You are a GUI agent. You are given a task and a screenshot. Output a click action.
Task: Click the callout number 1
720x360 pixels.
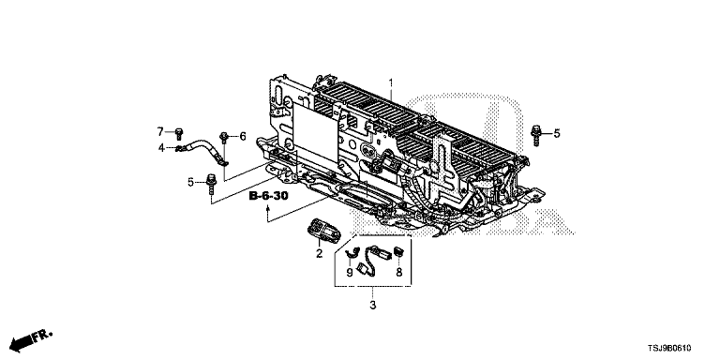pos(391,83)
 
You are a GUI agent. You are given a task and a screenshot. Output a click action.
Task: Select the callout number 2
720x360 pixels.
pos(319,253)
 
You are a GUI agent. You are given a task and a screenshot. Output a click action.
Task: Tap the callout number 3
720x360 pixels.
pos(373,305)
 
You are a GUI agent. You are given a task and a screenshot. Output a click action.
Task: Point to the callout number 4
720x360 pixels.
pos(161,148)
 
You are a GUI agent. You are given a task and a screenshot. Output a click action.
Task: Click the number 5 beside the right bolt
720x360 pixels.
pos(557,134)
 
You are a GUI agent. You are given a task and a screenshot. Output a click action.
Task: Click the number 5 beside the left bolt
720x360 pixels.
pos(190,182)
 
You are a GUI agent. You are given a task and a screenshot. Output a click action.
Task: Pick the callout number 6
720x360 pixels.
pos(243,136)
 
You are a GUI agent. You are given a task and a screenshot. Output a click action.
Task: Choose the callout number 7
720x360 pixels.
pos(160,132)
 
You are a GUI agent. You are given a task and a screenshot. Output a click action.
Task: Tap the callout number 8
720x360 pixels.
pos(399,273)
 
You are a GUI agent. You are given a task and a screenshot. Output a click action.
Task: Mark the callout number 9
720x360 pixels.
pos(350,273)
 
